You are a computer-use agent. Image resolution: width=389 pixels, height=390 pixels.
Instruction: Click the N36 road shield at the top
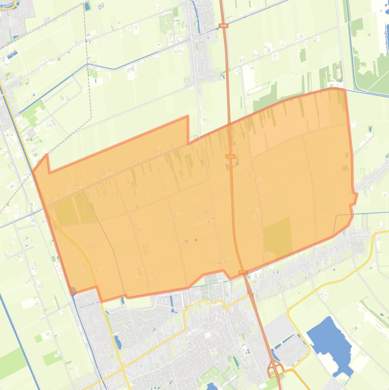[223, 25]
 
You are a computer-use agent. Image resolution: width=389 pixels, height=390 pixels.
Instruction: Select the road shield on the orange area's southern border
[243, 272]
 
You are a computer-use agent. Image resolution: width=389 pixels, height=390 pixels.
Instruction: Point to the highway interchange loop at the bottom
[276, 371]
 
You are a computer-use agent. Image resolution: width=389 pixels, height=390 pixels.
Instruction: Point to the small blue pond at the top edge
[88, 7]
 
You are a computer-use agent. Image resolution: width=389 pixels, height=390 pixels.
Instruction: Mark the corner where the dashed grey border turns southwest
[91, 118]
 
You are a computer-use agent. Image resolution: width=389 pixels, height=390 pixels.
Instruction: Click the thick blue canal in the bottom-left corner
[20, 344]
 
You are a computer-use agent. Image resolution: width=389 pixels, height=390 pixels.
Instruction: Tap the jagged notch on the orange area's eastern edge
[354, 198]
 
